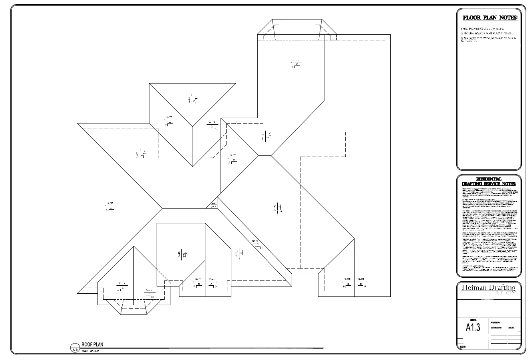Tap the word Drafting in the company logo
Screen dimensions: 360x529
503,288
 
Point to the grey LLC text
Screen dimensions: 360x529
501,293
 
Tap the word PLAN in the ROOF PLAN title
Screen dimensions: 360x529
98,344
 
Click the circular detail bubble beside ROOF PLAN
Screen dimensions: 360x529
75,347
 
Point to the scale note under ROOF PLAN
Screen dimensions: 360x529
90,351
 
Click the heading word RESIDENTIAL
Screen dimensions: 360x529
489,179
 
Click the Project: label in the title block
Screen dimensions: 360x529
495,322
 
